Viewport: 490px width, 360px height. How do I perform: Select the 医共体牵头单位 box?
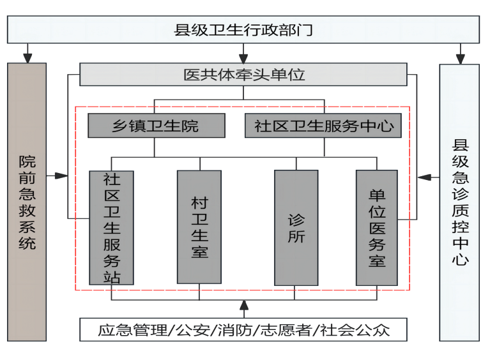[243, 75]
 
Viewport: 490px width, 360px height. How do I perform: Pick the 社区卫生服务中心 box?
[323, 126]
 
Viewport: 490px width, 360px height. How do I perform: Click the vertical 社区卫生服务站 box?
[112, 227]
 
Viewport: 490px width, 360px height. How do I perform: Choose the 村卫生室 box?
[199, 227]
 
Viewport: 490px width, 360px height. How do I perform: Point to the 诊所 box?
[296, 227]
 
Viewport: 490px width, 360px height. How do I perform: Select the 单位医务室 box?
[376, 227]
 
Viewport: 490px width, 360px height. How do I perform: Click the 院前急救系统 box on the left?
[27, 202]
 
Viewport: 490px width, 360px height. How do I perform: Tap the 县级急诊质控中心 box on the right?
[459, 202]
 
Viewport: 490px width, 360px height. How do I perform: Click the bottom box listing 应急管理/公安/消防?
[243, 330]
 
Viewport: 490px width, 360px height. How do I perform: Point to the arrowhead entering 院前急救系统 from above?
[27, 58]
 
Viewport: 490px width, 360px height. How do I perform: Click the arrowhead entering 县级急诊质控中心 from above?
[459, 58]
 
